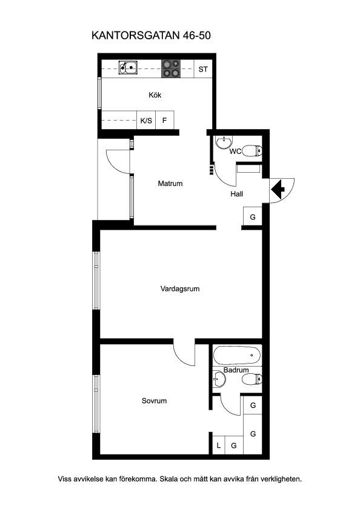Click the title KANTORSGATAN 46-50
tap(151, 35)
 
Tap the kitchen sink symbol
tap(128, 67)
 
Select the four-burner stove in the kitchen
tap(171, 69)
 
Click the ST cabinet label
tap(203, 69)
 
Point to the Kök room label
tap(155, 95)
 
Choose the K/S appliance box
tap(146, 120)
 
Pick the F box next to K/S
tap(165, 120)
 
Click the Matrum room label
tap(170, 184)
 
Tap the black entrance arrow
tap(278, 190)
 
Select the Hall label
tap(236, 194)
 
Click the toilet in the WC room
tap(252, 151)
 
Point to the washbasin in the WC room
tap(224, 142)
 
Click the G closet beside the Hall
tap(253, 216)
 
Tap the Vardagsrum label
tap(180, 288)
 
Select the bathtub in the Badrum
tap(238, 355)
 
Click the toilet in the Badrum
tap(252, 379)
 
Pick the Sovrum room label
tap(154, 401)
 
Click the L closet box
tap(219, 445)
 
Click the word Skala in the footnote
tap(170, 479)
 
